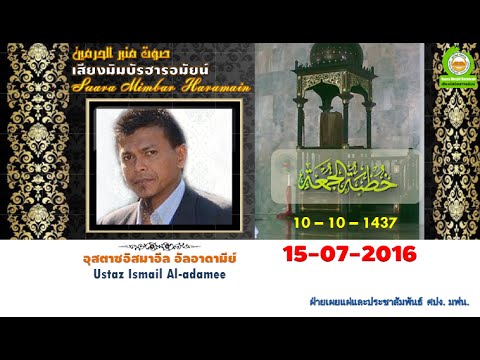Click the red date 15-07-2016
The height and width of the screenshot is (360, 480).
pyautogui.click(x=349, y=254)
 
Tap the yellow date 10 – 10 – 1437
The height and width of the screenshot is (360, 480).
pyautogui.click(x=346, y=221)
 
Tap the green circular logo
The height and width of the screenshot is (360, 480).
pyautogui.click(x=459, y=64)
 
